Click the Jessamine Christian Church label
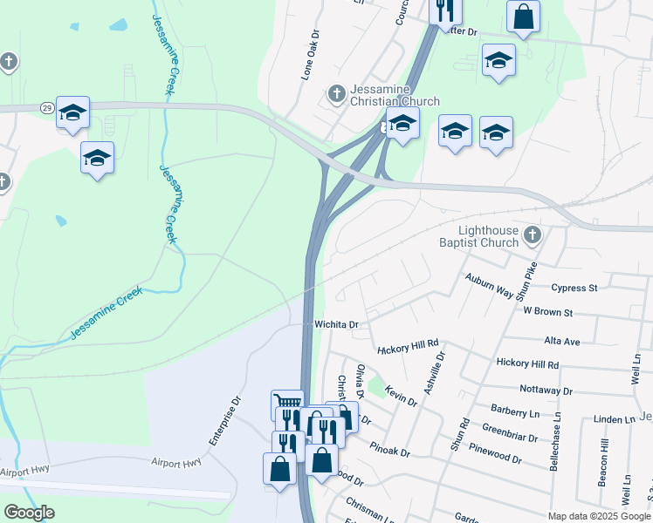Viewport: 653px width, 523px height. point(395,95)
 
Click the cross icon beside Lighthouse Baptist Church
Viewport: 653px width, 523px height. point(532,235)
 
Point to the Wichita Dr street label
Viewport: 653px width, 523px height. point(337,324)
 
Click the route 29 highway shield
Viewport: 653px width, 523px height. point(47,106)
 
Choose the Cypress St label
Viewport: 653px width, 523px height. point(574,287)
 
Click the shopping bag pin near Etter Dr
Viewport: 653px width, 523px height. point(522,17)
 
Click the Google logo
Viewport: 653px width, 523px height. point(29,513)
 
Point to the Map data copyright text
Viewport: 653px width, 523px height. point(598,516)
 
